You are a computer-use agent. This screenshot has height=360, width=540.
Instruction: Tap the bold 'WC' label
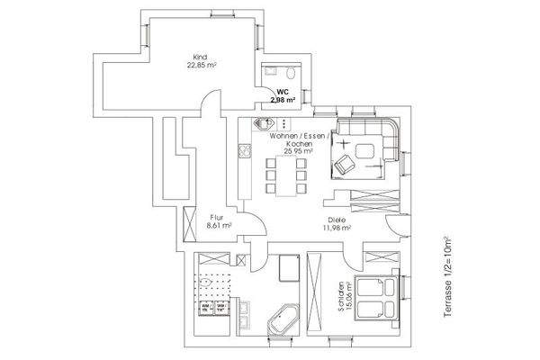pyautogui.click(x=282, y=92)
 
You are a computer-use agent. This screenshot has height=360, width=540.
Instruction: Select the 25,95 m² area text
pyautogui.click(x=297, y=152)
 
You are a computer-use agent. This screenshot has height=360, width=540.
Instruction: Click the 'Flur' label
pyautogui.click(x=217, y=217)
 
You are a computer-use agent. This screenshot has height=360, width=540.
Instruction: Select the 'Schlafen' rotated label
pyautogui.click(x=342, y=292)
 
